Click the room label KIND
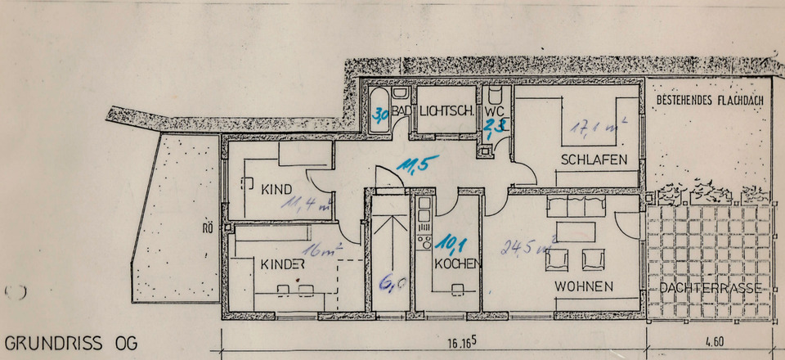point(276,190)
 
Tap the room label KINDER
point(283,264)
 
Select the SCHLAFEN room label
point(599,160)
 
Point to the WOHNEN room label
point(584,287)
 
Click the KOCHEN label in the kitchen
point(456,264)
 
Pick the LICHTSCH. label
point(447,111)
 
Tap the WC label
point(494,110)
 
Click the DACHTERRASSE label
point(709,288)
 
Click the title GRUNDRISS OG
point(70,342)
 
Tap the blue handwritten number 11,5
point(415,164)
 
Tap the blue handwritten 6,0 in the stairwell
point(390,284)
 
